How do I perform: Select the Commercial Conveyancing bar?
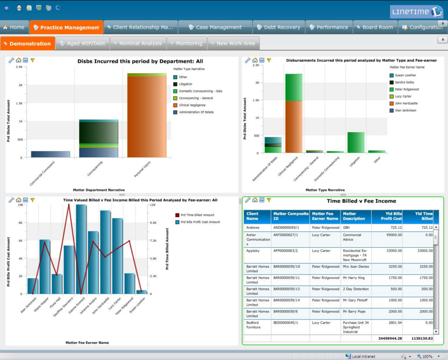(50, 154)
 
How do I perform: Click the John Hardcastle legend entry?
(407, 103)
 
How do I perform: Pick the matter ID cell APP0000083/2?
(286, 251)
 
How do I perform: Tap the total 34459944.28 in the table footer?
(387, 338)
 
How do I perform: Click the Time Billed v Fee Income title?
(361, 201)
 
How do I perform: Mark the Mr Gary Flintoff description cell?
(354, 300)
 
